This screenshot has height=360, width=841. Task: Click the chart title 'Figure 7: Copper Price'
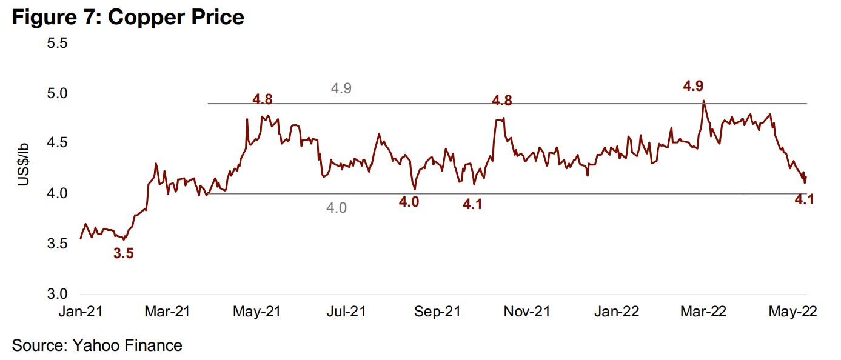[x=128, y=16]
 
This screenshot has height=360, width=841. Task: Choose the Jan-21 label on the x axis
[x=80, y=312]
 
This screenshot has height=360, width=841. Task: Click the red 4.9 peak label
[x=694, y=86]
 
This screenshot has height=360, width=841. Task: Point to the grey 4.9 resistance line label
[x=341, y=88]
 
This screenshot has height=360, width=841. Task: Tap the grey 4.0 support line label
[x=337, y=208]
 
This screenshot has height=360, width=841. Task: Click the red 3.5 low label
[x=123, y=254]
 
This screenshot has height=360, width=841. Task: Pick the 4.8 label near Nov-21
[x=502, y=101]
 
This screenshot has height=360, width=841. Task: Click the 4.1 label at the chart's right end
[x=803, y=199]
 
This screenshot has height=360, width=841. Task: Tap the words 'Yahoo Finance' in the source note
[x=127, y=345]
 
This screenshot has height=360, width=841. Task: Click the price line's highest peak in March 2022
[x=703, y=101]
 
